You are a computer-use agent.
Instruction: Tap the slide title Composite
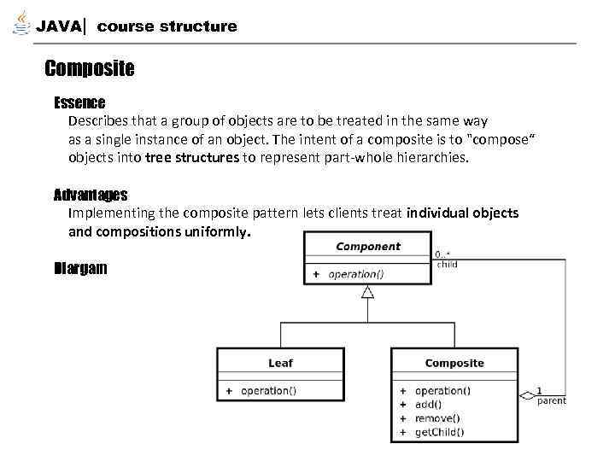[89, 68]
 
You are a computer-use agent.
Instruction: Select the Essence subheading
[79, 103]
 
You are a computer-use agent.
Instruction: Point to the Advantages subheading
[91, 195]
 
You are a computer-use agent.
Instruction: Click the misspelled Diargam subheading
[80, 268]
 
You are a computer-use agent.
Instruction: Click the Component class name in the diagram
[368, 247]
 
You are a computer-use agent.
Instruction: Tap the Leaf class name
[280, 363]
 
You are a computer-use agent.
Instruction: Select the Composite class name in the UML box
[454, 363]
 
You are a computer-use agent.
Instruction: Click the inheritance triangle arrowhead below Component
[368, 292]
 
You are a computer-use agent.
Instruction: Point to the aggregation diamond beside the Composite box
[527, 395]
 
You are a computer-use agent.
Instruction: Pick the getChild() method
[439, 432]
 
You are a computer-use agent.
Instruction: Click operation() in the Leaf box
[268, 391]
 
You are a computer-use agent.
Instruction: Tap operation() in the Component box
[355, 275]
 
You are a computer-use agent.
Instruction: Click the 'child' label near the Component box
[447, 265]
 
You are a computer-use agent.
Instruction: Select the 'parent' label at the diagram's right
[551, 401]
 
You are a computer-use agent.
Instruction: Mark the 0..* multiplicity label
[442, 254]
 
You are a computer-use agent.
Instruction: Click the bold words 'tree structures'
[192, 158]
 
